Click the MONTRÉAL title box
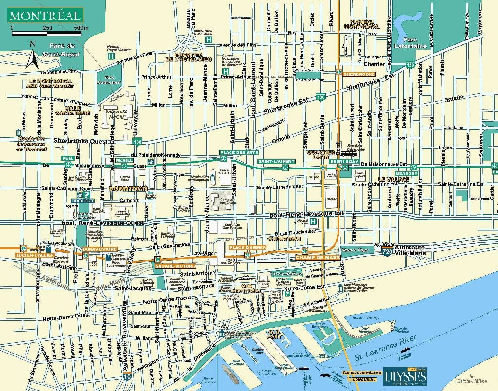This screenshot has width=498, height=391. click(44, 15)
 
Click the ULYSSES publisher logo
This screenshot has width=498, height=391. click(405, 375)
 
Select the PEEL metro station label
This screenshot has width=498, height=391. click(67, 159)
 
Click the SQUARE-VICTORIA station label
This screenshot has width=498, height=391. click(175, 266)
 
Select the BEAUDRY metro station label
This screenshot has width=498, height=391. click(406, 173)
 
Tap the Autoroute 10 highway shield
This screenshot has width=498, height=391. click(127, 376)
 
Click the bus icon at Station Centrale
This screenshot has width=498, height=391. click(348, 150)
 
